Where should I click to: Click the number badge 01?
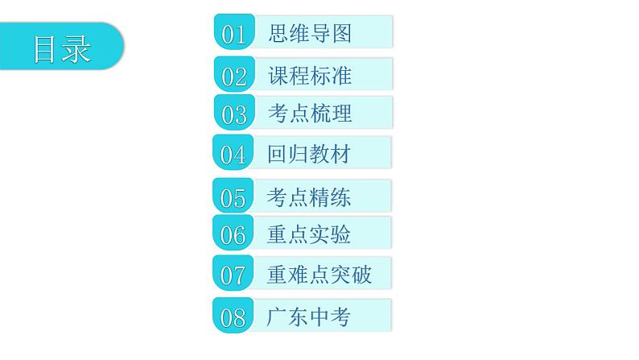coord(233,34)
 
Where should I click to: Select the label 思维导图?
coord(310,33)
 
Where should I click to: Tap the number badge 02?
coord(233,77)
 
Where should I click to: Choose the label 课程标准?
coord(310,76)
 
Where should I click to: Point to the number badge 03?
coord(233,114)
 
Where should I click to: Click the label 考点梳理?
coord(310,114)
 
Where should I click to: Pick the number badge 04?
coord(233,154)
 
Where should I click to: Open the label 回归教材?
coord(309,153)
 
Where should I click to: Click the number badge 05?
coord(233,197)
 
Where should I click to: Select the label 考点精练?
coord(309,197)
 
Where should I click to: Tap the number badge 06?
coord(233,235)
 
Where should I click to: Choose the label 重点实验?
coord(309,234)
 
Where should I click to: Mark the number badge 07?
coord(233,275)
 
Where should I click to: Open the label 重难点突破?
coord(319,275)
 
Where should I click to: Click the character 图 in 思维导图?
coord(341,33)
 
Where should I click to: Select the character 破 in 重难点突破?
coord(361,275)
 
